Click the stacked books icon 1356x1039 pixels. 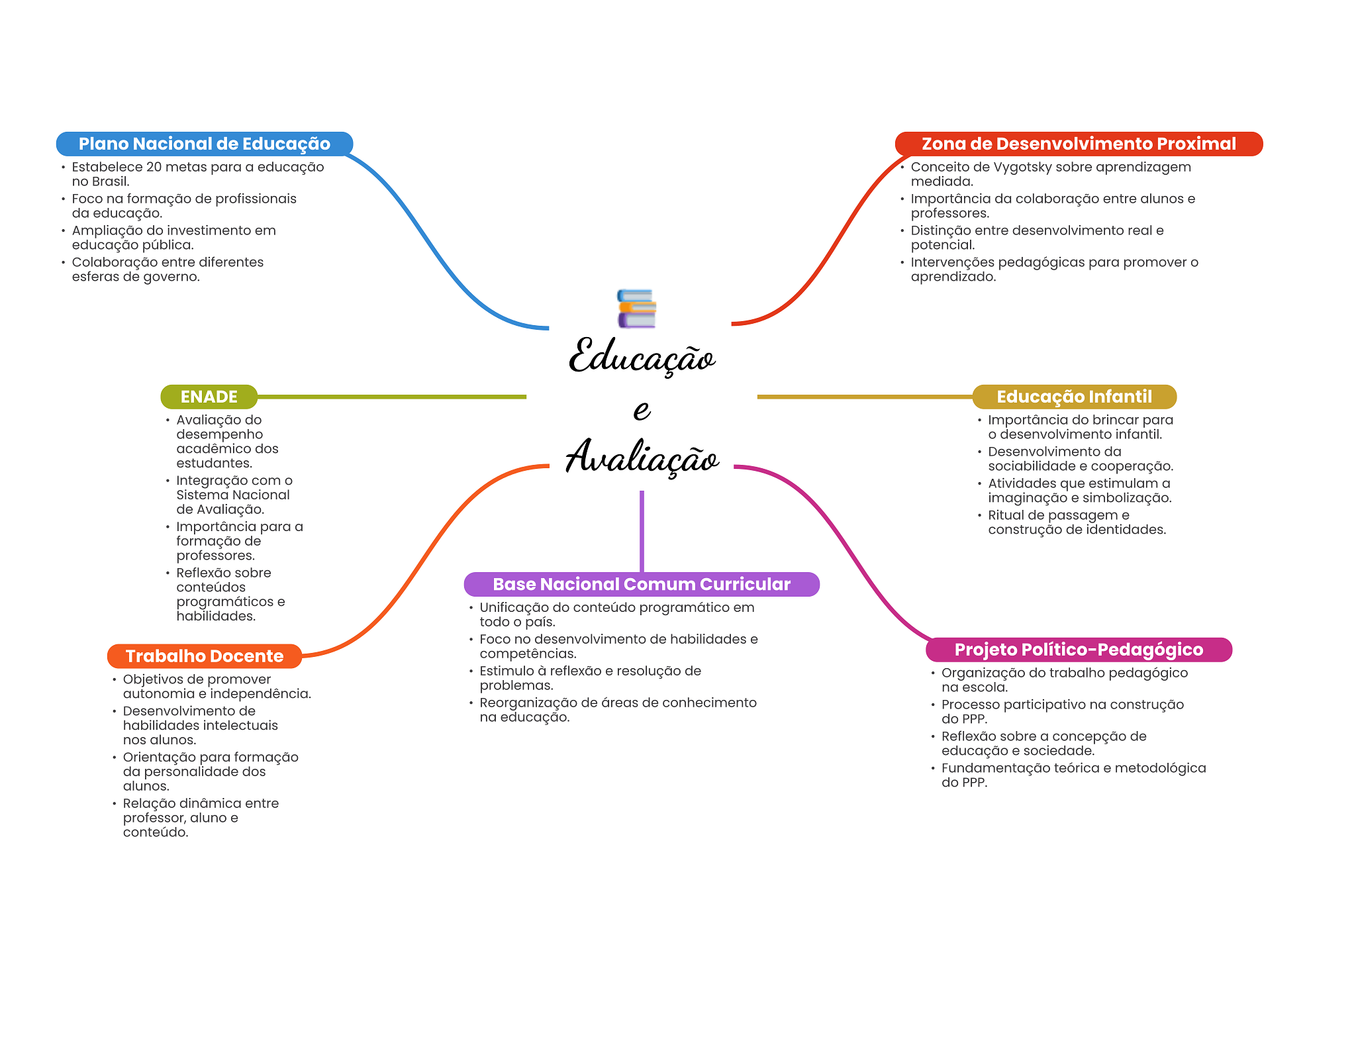636,309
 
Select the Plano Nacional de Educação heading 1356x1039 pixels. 204,144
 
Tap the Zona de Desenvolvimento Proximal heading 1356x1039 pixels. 1078,144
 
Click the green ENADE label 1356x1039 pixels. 209,397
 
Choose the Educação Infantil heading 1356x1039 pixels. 1074,397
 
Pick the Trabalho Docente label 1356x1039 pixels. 204,656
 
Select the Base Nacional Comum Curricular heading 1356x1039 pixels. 641,584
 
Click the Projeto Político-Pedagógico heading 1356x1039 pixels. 1078,650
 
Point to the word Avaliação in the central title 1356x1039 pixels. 642,457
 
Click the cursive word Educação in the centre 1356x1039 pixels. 642,358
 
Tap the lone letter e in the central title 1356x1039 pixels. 641,409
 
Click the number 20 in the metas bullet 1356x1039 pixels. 154,167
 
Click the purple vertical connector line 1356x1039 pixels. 642,530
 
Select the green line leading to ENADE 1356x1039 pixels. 391,397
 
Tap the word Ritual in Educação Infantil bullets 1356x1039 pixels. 1006,515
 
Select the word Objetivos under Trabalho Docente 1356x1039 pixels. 150,679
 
